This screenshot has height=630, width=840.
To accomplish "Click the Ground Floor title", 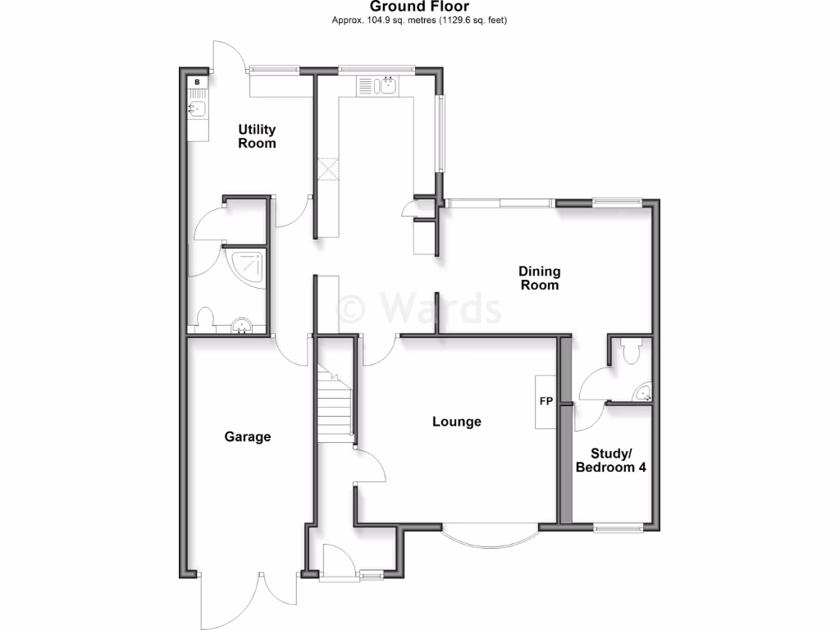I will point(419,7).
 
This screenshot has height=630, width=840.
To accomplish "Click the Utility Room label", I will point(257,136).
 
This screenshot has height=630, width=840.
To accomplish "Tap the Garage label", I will point(248,437).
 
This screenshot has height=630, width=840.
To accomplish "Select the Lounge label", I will point(457,422).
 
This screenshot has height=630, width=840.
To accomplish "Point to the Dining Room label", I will point(539,278).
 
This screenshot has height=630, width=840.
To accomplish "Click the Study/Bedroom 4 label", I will point(609,460).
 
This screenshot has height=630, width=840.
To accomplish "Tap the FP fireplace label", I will point(546,402).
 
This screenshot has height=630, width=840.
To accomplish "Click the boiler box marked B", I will point(198,83).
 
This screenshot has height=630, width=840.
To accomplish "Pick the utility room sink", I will point(198,107).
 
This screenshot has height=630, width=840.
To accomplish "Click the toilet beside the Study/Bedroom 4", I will point(630,351).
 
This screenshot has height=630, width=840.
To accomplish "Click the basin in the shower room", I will point(242,326).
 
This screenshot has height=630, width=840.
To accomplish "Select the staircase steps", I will point(335,406).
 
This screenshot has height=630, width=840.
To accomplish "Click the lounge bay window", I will point(490,537).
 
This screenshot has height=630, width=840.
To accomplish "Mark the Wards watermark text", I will point(420,309).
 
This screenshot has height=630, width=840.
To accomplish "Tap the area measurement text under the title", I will point(419,20).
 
